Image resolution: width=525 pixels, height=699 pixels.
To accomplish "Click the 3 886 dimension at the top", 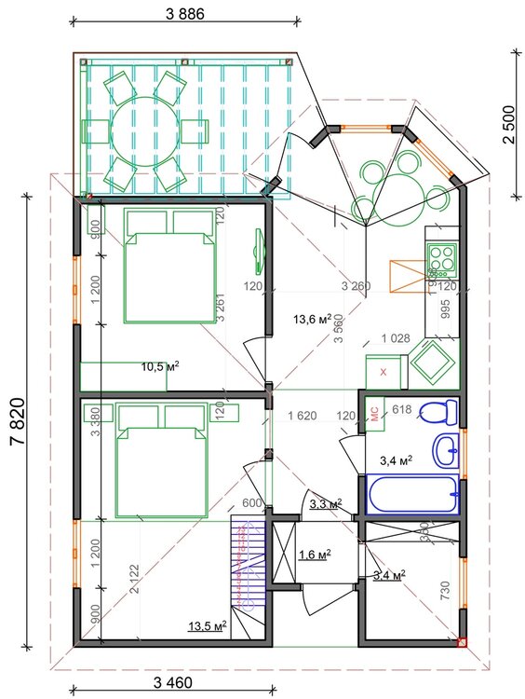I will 184,14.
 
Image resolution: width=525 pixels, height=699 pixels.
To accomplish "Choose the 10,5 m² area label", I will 160,366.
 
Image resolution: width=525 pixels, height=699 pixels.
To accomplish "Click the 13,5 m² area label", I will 208,626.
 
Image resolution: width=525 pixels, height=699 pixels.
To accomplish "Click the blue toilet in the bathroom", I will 435,410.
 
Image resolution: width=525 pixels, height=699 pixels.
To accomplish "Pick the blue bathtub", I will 411,494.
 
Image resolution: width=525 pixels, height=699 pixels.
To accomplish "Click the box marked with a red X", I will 384,370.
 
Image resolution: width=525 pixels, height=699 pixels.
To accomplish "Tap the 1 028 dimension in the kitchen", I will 395,339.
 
